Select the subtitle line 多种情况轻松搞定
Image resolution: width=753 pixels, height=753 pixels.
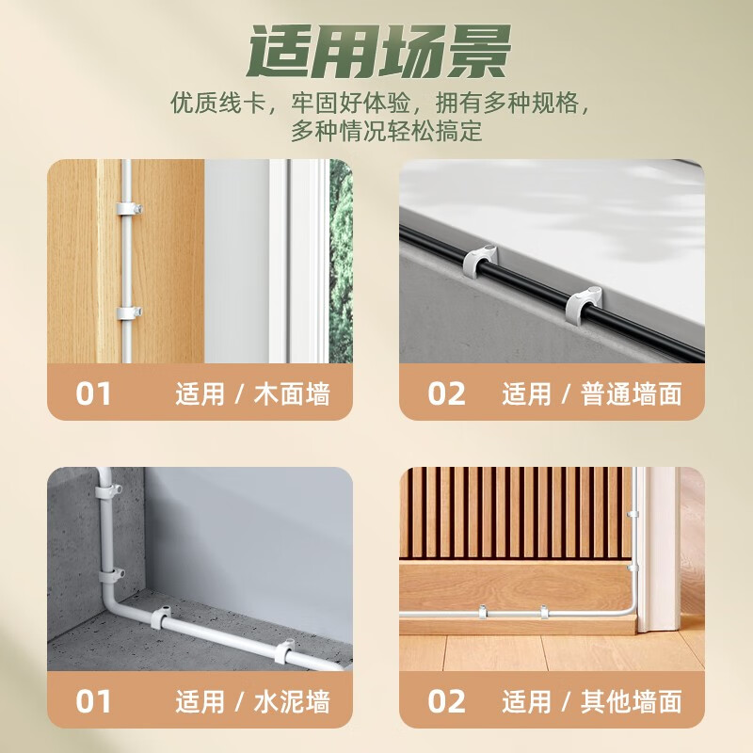(x=386, y=130)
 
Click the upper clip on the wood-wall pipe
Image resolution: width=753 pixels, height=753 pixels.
(x=126, y=206)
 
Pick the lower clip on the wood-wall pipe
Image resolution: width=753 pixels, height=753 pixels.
(x=126, y=313)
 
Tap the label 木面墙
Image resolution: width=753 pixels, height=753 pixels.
(x=293, y=393)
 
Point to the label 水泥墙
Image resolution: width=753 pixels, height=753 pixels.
(x=293, y=701)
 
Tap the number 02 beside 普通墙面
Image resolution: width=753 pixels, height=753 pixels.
(x=446, y=393)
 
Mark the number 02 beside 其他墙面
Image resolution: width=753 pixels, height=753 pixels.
(x=446, y=701)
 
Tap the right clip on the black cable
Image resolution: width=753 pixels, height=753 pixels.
(x=583, y=301)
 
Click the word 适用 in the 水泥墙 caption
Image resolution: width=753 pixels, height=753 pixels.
(x=200, y=701)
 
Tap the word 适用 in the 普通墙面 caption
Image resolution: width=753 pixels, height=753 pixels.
(x=526, y=393)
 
